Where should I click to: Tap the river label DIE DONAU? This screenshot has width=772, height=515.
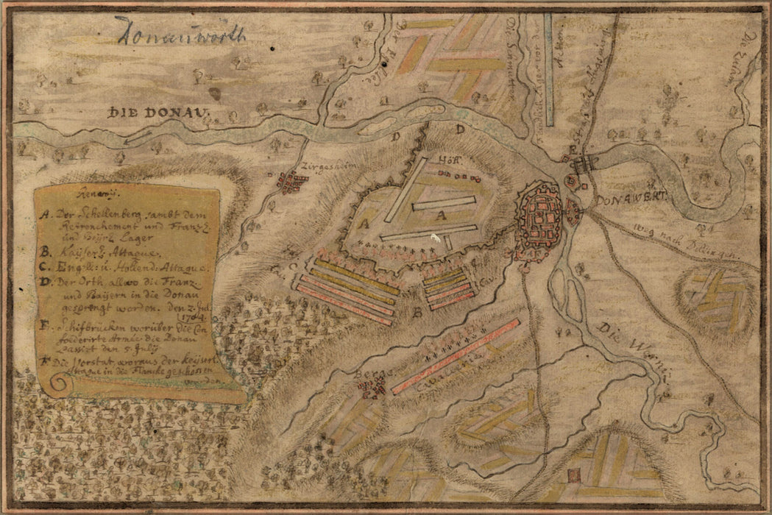point(158,113)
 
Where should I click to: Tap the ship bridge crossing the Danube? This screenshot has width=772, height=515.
point(586,164)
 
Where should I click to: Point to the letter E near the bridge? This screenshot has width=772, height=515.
point(571,149)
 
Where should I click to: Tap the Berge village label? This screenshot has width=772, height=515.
point(366,374)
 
